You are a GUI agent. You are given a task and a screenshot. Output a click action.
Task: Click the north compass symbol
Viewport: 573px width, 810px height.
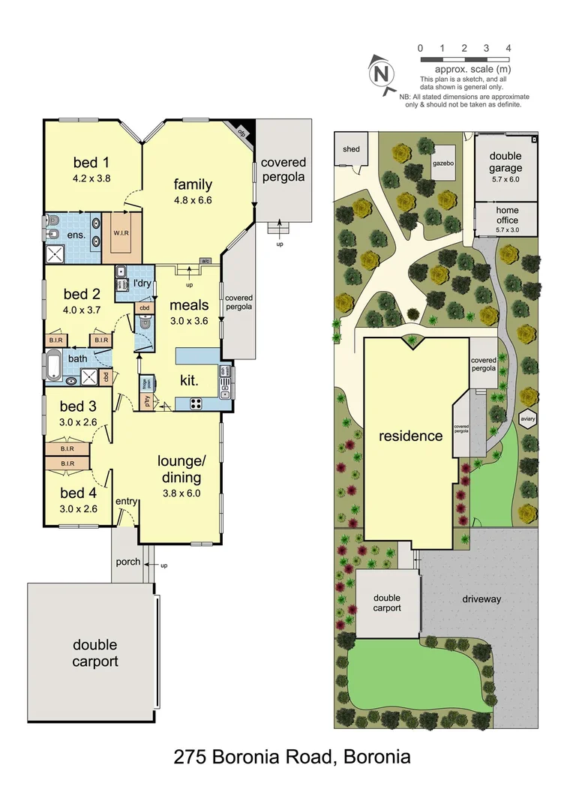pos(382,73)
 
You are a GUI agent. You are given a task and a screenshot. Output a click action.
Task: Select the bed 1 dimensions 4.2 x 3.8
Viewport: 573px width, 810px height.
pos(91,178)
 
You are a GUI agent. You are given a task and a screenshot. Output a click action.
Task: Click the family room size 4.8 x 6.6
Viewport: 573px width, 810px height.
pos(193,201)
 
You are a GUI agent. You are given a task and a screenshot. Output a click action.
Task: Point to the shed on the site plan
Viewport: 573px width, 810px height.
pos(351,149)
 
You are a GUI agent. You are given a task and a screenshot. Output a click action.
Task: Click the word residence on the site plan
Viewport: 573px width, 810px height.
pos(409,436)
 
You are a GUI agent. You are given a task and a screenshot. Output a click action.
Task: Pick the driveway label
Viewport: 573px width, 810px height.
pos(481,599)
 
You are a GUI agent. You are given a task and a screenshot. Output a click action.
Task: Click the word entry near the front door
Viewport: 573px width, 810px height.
pos(126,502)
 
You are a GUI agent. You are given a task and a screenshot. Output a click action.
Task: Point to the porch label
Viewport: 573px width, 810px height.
pos(127,562)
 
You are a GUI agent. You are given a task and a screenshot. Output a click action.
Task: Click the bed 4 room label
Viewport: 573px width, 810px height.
pos(78,493)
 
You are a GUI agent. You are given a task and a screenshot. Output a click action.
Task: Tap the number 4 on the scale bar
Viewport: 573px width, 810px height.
pos(508,48)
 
